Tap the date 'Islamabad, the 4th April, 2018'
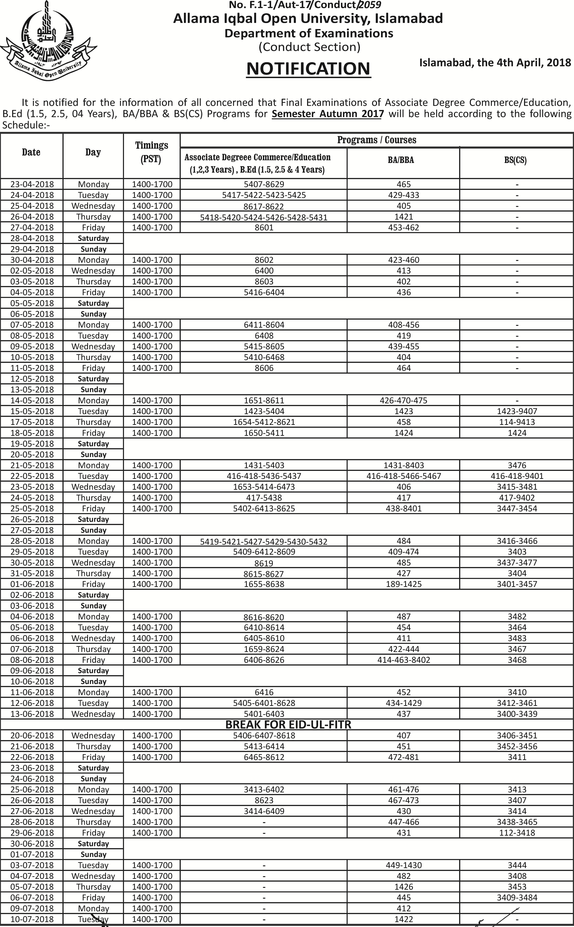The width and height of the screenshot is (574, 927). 495,63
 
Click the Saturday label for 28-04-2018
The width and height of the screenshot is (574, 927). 93,238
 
